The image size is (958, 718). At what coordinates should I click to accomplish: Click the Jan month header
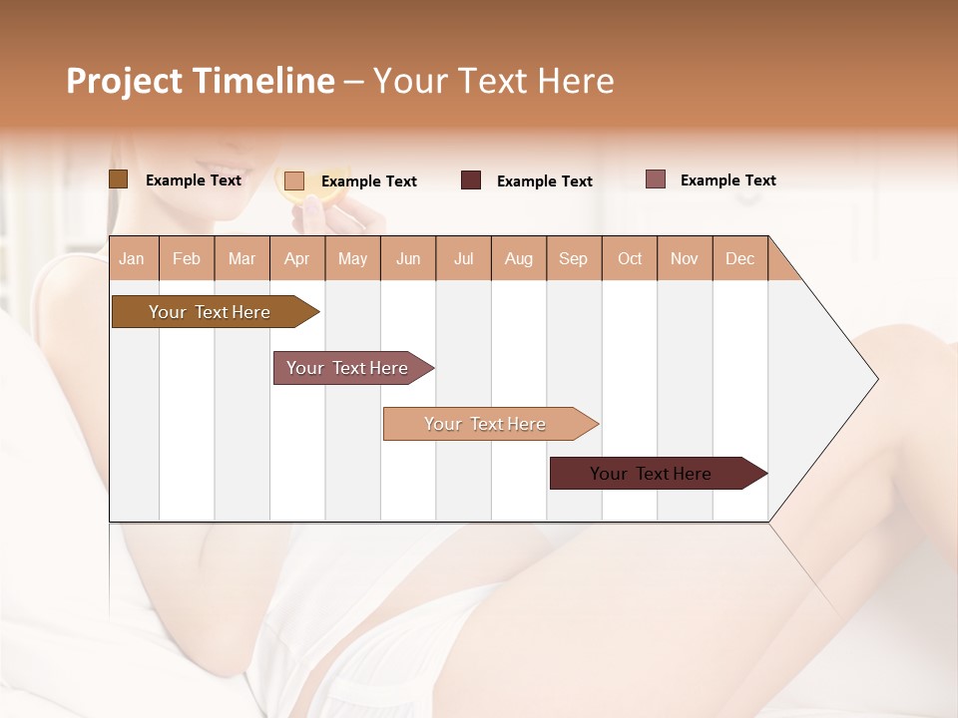pyautogui.click(x=132, y=258)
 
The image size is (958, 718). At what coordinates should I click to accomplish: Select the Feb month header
pyautogui.click(x=187, y=258)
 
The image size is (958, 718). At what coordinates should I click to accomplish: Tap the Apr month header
pyautogui.click(x=296, y=258)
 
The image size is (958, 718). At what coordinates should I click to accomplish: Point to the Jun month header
pyautogui.click(x=408, y=258)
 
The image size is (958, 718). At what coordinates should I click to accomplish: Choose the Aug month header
pyautogui.click(x=518, y=258)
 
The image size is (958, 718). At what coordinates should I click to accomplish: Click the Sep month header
pyautogui.click(x=573, y=258)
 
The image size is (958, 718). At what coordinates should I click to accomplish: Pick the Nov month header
pyautogui.click(x=684, y=258)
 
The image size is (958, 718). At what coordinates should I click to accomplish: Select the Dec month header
pyautogui.click(x=739, y=258)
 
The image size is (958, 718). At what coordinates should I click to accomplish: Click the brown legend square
pyautogui.click(x=118, y=179)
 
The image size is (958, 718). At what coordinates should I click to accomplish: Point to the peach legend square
pyautogui.click(x=294, y=180)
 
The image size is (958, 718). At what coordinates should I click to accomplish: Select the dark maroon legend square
pyautogui.click(x=471, y=180)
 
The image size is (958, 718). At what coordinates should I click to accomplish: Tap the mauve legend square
pyautogui.click(x=655, y=179)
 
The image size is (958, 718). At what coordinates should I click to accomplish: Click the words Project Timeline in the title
pyautogui.click(x=200, y=81)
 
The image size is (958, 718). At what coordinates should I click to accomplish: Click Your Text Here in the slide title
pyautogui.click(x=493, y=81)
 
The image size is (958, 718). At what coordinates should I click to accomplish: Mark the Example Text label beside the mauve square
pyautogui.click(x=727, y=180)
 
